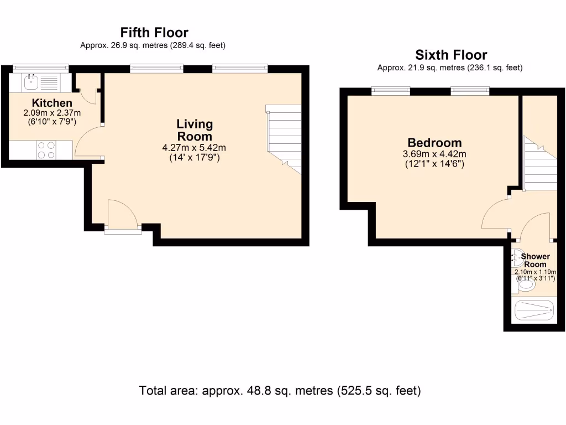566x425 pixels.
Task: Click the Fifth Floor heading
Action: (154, 33)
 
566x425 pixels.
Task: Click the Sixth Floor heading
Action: (451, 55)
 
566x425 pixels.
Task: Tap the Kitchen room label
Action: (52, 103)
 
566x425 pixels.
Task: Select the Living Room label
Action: (194, 130)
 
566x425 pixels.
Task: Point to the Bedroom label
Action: (434, 142)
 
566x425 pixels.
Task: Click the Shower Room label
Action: (535, 261)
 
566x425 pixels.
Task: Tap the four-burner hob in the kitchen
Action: (46, 151)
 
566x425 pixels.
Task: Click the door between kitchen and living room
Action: (88, 142)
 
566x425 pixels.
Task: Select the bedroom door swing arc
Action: (495, 215)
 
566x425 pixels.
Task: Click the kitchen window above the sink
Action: (40, 68)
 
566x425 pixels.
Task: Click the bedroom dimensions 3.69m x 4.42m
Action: (435, 154)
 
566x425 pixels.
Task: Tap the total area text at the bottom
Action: (280, 391)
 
